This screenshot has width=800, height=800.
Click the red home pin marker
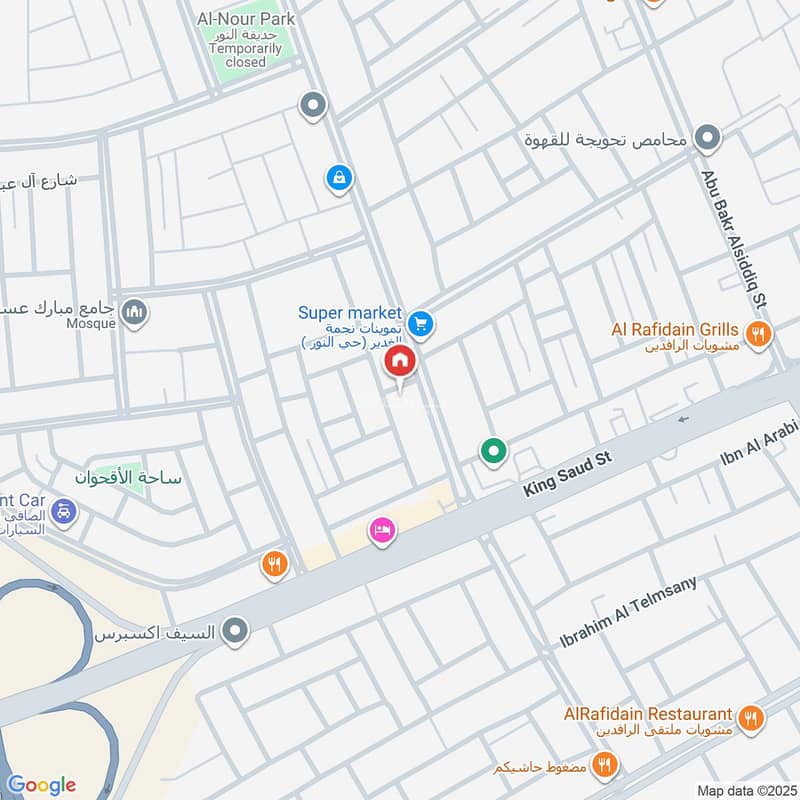pyautogui.click(x=400, y=361)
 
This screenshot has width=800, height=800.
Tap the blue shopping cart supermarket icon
pyautogui.click(x=421, y=322)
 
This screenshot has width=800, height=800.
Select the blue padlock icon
pyautogui.click(x=339, y=179)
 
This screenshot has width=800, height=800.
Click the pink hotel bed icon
pyautogui.click(x=381, y=531)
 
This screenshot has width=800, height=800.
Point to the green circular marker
pyautogui.click(x=492, y=452)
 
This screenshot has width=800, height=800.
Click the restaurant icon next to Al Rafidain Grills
pyautogui.click(x=759, y=334)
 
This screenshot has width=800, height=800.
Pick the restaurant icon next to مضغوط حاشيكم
pyautogui.click(x=602, y=766)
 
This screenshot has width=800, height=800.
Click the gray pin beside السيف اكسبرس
pyautogui.click(x=235, y=631)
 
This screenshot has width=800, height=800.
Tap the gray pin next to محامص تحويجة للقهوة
pyautogui.click(x=708, y=139)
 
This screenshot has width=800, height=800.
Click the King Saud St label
pyautogui.click(x=567, y=473)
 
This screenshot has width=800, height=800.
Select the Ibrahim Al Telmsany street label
pyautogui.click(x=627, y=612)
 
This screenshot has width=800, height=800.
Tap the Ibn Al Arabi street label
pyautogui.click(x=760, y=443)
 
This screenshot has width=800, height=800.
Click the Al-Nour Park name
pyautogui.click(x=246, y=19)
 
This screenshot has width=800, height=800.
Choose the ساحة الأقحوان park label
pyautogui.click(x=129, y=478)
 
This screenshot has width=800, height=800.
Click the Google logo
pyautogui.click(x=41, y=784)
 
